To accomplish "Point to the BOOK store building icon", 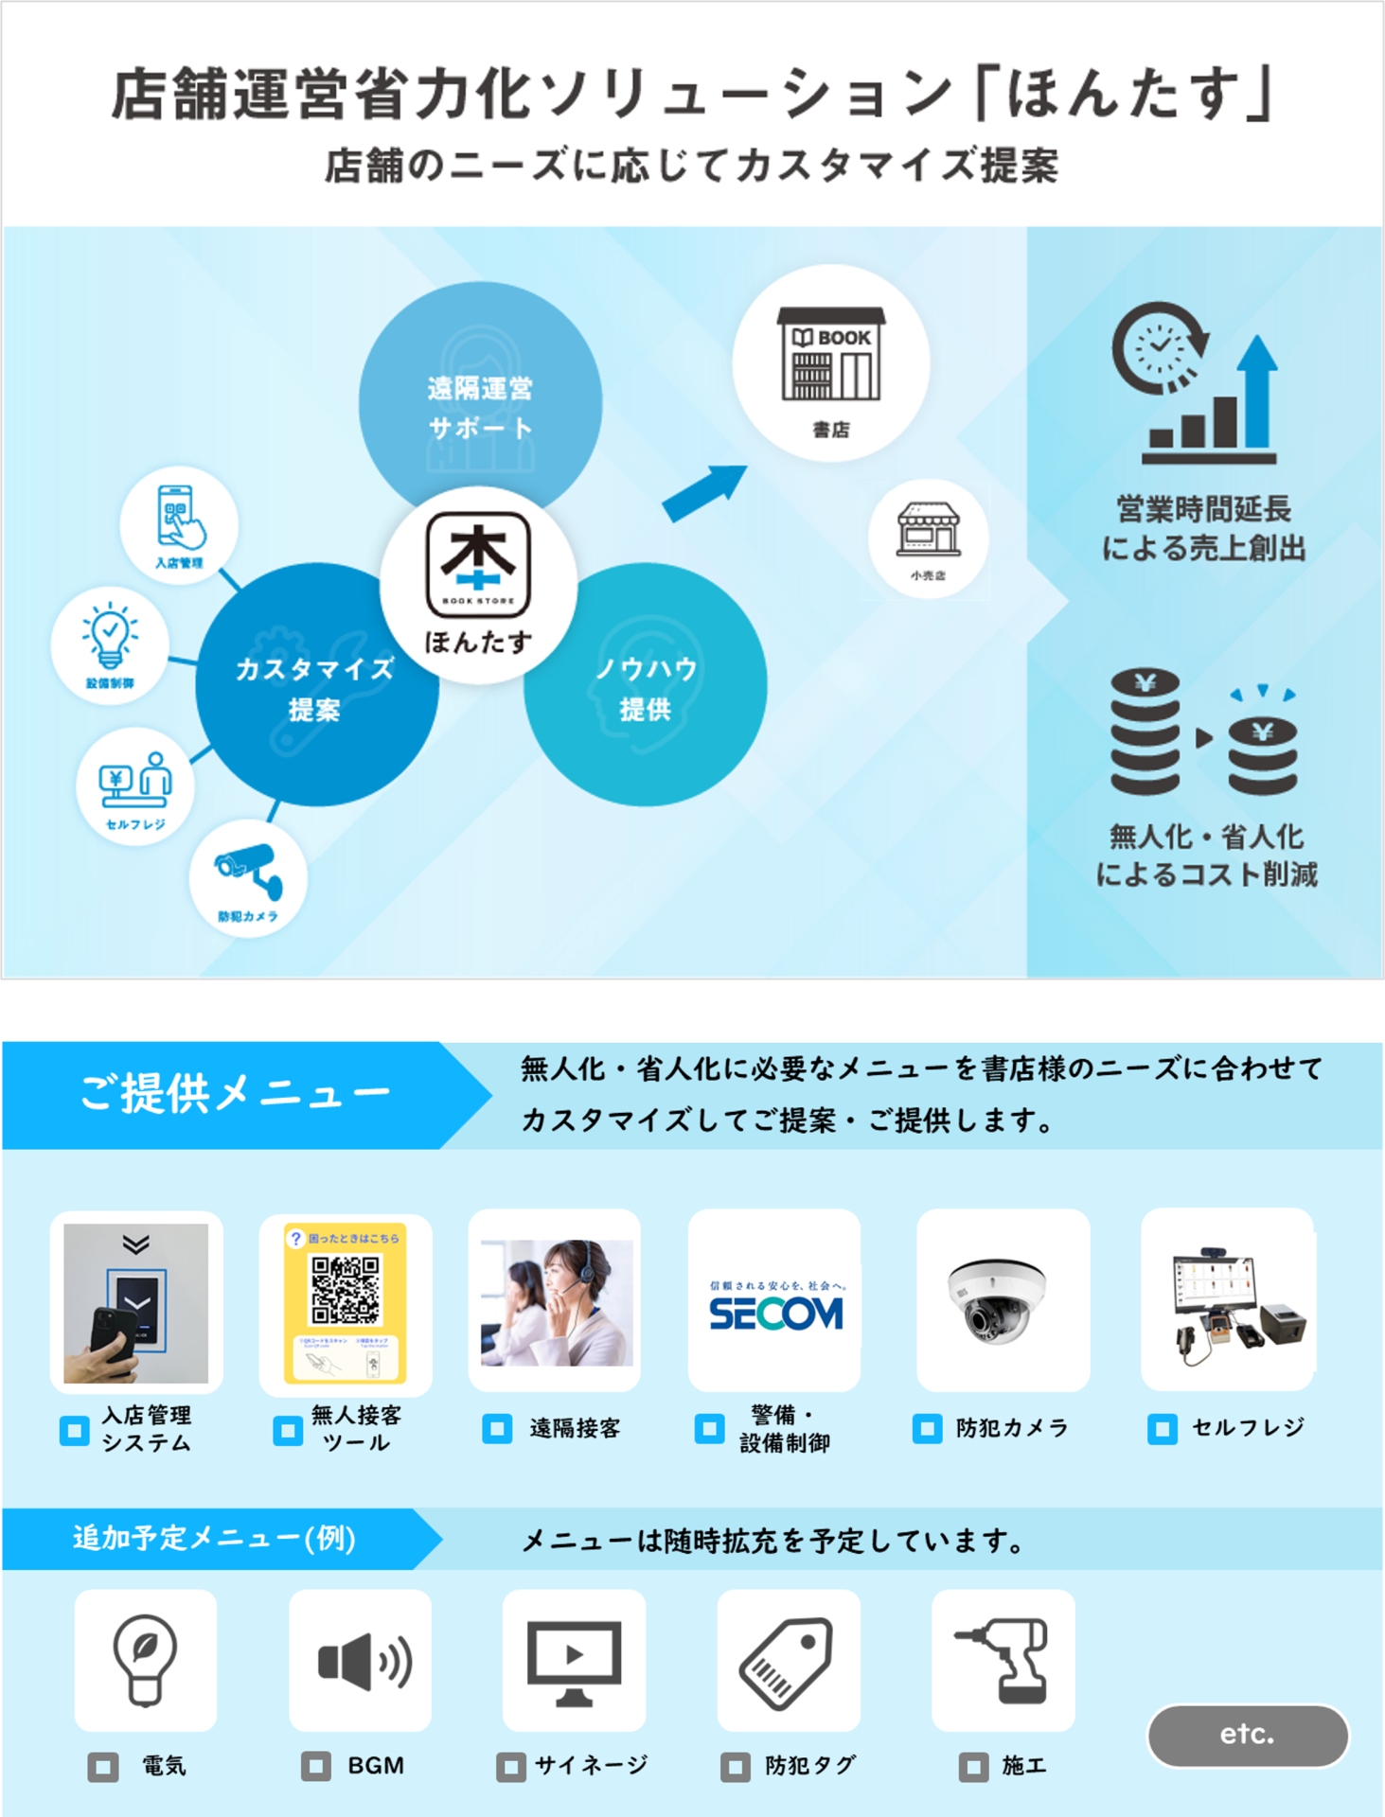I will point(831,354).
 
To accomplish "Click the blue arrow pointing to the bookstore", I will point(705,492).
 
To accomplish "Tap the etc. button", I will point(1247,1735).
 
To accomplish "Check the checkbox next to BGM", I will point(315,1766).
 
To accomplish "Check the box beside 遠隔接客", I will point(497,1428).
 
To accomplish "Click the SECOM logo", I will point(775,1312).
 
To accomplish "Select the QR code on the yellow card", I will point(346,1290).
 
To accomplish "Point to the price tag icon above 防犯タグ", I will point(789,1660).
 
